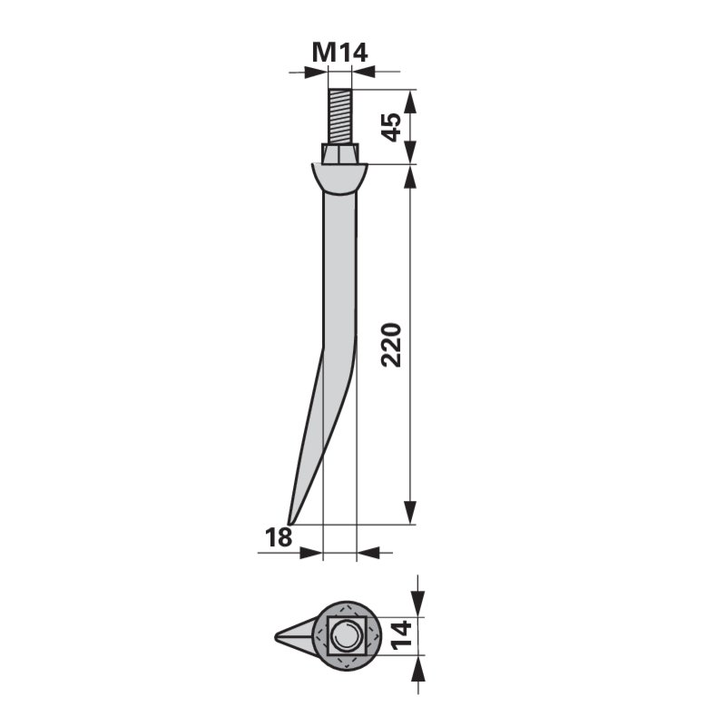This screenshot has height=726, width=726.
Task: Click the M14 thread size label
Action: [x=339, y=53]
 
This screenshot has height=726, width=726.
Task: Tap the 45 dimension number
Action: [x=391, y=126]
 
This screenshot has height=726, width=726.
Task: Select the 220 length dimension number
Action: [x=391, y=344]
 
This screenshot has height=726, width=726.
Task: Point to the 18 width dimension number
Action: [x=279, y=537]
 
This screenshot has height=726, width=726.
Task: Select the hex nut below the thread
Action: [x=340, y=154]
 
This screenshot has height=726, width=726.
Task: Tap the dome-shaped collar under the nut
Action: [x=340, y=177]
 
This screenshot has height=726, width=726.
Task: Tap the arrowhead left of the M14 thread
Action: [x=318, y=71]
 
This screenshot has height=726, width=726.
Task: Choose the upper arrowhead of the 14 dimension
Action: [x=417, y=604]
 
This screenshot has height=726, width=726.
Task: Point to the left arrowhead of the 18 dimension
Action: [x=314, y=551]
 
